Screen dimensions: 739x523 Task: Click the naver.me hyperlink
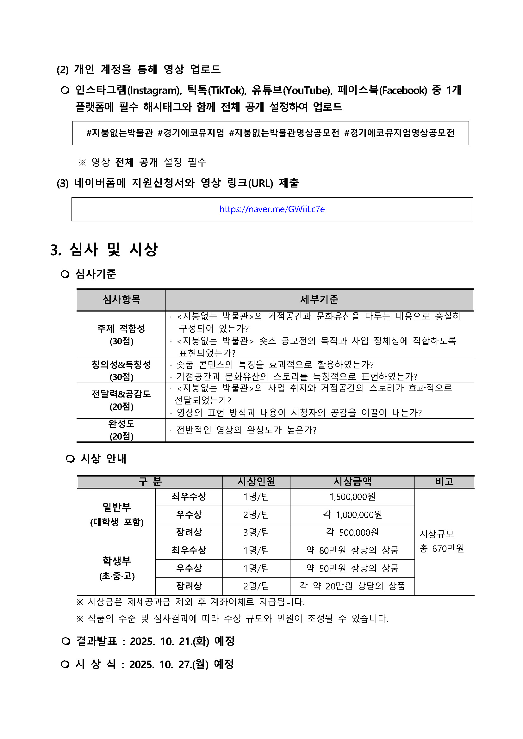coord(272,209)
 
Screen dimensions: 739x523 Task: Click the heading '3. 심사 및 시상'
coord(104,249)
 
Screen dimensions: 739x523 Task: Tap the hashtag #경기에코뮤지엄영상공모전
coord(399,133)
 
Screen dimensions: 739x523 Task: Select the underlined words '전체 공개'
coord(137,162)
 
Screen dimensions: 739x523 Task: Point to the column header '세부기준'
coord(319,300)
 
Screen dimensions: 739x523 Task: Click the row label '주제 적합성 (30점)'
coord(121,335)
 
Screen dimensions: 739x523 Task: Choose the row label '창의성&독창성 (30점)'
coord(121,371)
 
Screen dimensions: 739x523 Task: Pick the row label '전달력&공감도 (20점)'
coord(121,400)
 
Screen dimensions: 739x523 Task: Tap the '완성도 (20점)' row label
coord(121,430)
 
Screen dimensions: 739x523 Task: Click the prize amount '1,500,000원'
coord(352,497)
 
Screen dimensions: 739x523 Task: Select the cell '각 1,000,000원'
coord(352,515)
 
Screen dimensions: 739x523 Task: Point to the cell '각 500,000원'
coord(352,533)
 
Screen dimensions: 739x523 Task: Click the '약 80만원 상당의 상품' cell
coord(352,550)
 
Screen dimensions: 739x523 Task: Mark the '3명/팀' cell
coord(256,533)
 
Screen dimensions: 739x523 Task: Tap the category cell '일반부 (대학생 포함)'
coord(116,514)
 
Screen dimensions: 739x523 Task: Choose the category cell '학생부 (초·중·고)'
coord(116,568)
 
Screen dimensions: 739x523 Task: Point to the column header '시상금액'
coord(352,482)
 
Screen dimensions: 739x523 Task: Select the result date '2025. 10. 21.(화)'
coord(169,641)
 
